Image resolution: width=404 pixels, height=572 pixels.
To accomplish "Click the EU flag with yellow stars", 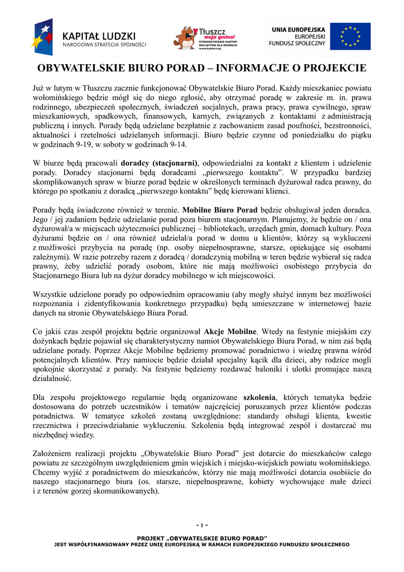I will click(350, 36).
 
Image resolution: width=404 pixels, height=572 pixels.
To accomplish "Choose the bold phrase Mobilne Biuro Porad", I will click(220, 211).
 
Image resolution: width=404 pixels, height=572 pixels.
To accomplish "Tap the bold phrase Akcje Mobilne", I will click(230, 331).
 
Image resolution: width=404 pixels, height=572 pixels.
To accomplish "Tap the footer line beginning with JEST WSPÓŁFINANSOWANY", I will click(201, 545).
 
